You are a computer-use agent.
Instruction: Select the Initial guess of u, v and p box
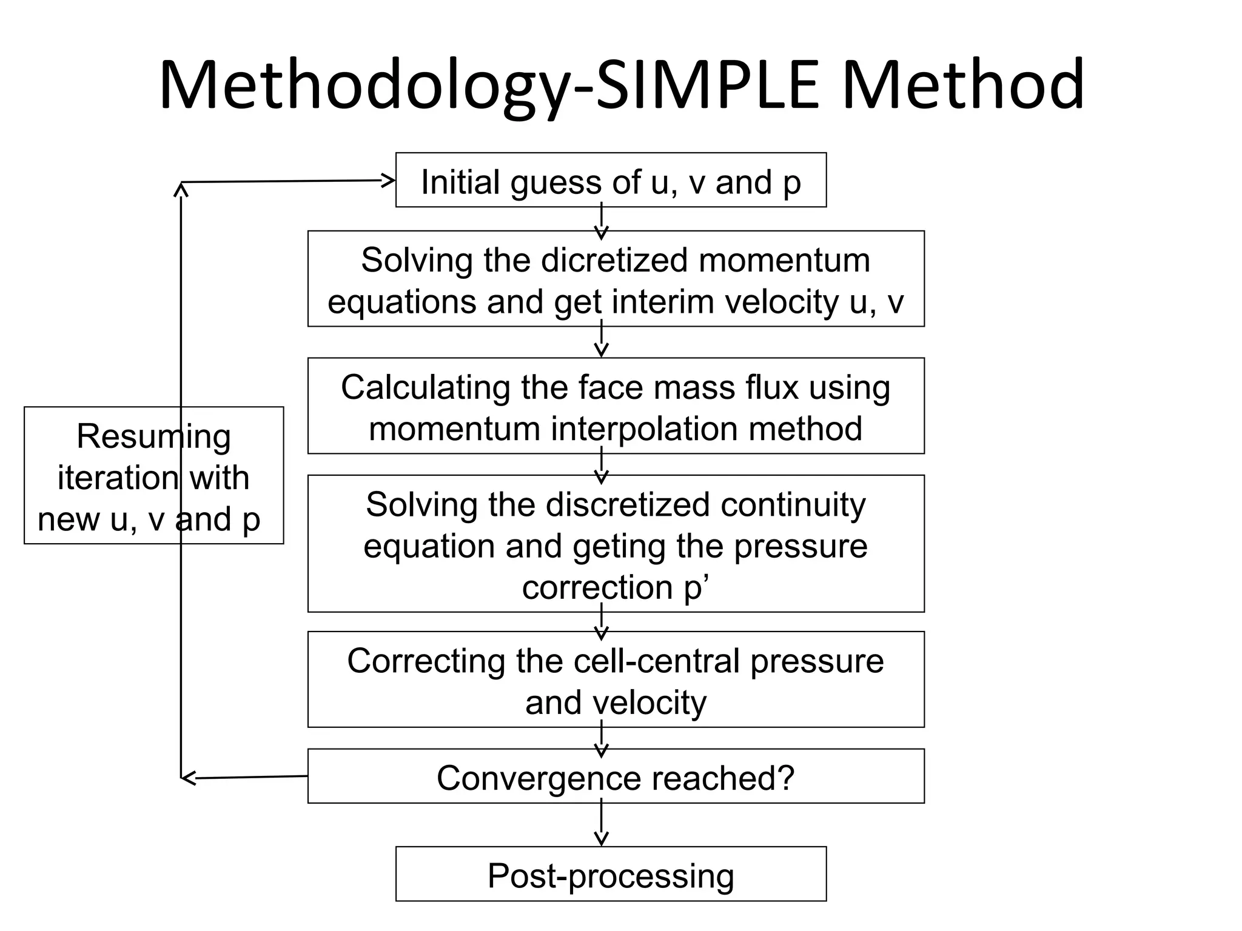[x=611, y=180]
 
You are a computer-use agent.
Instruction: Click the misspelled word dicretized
[x=614, y=261]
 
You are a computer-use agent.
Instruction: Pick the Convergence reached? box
[x=616, y=776]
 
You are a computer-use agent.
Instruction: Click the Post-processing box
[x=611, y=874]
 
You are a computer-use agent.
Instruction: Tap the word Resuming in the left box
[x=153, y=436]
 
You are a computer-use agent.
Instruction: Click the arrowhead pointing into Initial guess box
[x=388, y=180]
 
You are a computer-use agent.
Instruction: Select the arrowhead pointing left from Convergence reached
[x=189, y=778]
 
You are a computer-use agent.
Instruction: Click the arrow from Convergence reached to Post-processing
[x=601, y=824]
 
